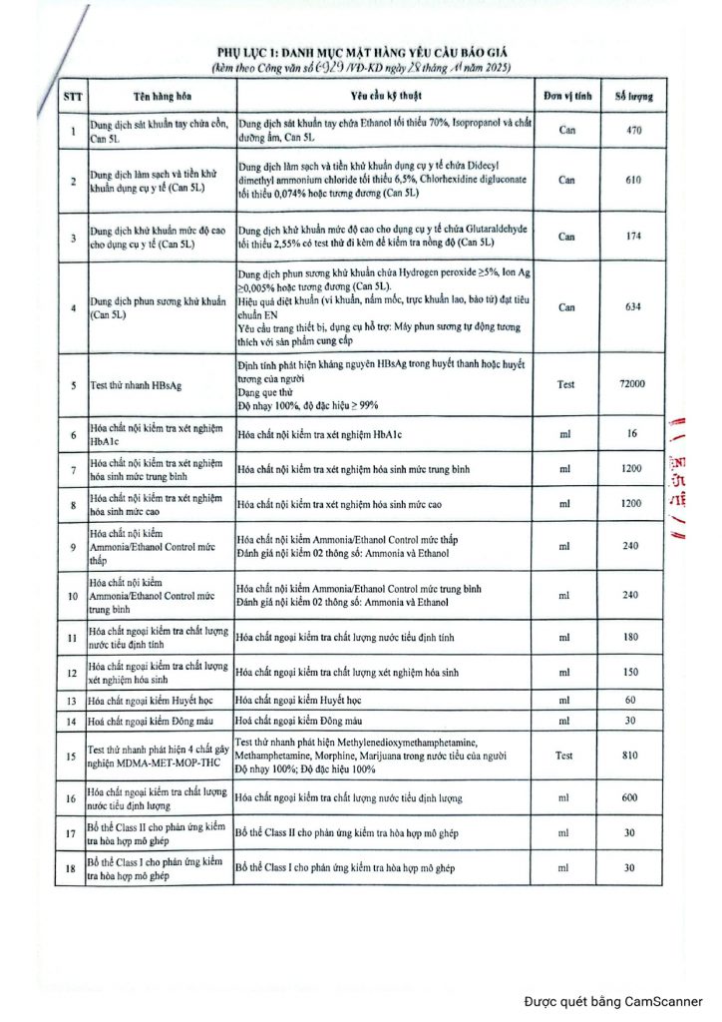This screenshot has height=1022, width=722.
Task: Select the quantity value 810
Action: (x=628, y=757)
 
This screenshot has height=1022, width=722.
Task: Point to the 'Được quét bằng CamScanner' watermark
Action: (x=613, y=1002)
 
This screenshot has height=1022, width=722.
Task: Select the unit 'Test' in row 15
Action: (x=564, y=757)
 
